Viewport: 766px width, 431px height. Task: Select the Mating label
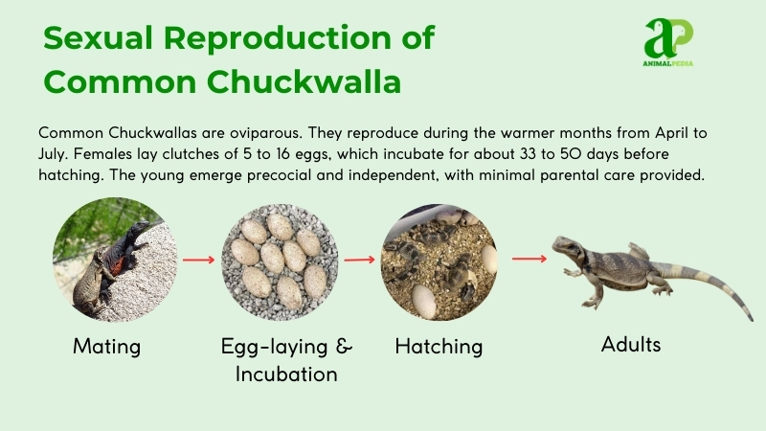106,347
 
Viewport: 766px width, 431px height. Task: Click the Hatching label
439,346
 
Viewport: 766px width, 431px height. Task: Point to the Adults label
631,344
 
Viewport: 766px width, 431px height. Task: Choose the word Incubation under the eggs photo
286,374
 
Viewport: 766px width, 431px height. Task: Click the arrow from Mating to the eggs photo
197,259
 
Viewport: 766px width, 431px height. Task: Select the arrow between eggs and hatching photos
358,259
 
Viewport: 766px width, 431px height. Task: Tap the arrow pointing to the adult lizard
528,258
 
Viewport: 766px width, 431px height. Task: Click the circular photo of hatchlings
439,261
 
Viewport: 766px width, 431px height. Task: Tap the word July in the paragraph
55,154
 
